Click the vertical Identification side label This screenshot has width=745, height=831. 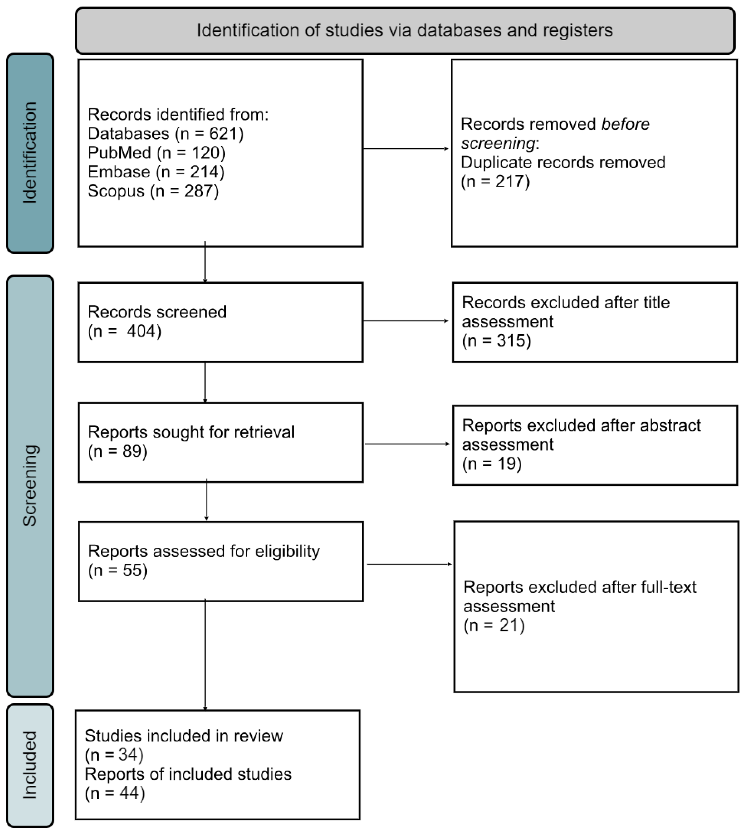click(30, 153)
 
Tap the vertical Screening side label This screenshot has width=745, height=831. click(30, 485)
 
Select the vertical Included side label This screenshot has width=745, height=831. click(30, 765)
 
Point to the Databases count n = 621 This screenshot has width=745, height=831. click(210, 134)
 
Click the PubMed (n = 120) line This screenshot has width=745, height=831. click(156, 153)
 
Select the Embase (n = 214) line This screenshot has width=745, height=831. click(156, 172)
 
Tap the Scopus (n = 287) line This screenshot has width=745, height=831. click(153, 191)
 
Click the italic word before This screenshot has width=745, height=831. click(625, 124)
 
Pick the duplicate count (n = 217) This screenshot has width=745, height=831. click(495, 181)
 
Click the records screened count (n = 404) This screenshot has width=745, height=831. click(124, 331)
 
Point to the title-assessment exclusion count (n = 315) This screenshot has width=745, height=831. click(496, 341)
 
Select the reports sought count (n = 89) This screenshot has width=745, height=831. click(117, 451)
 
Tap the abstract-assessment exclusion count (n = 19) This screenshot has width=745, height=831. click(492, 464)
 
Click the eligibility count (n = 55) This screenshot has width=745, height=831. click(117, 570)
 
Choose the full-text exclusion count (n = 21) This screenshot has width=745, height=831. click(494, 625)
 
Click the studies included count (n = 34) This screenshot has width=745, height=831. click(114, 755)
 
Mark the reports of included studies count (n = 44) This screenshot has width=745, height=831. click(115, 793)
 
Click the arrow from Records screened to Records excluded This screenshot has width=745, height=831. click(406, 321)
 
